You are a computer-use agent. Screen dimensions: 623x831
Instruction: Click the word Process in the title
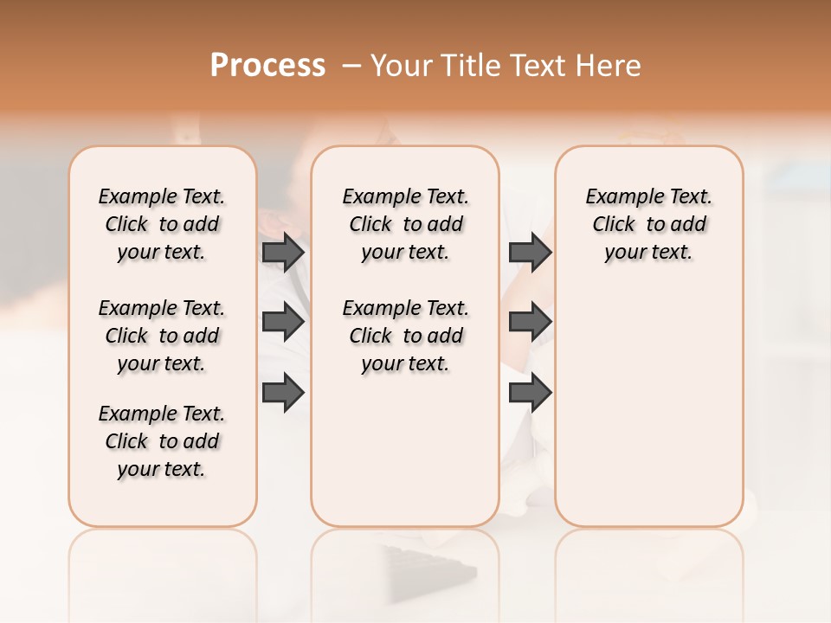[267, 65]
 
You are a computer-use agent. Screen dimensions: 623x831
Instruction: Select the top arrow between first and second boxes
[282, 252]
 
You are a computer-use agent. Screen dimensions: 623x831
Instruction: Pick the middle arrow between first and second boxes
[282, 322]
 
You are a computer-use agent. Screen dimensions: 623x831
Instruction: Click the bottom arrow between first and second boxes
[282, 393]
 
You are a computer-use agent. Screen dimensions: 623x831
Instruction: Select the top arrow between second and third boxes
[530, 252]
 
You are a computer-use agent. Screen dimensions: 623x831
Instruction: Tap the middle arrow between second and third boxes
[530, 322]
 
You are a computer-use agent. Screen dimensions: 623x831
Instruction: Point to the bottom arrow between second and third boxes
[530, 393]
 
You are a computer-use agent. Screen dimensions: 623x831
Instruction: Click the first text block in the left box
[162, 224]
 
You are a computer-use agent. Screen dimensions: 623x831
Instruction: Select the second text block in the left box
[162, 336]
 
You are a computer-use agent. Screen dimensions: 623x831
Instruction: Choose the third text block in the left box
[162, 441]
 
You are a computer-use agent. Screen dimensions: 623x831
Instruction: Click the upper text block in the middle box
[406, 224]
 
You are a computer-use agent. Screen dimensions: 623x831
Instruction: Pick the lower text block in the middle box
[406, 336]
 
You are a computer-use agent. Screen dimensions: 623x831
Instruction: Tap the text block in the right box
[649, 224]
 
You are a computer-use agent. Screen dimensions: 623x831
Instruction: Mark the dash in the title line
[351, 65]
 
